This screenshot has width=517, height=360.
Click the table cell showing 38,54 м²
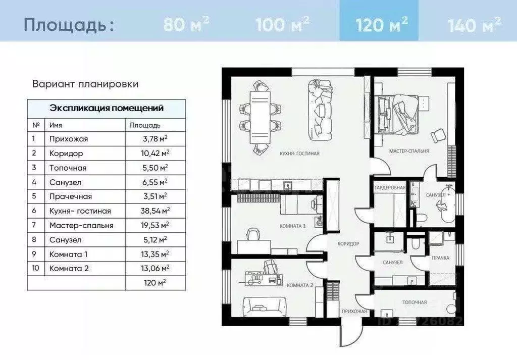pyautogui.click(x=154, y=211)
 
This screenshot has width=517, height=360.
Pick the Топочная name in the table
pyautogui.click(x=68, y=168)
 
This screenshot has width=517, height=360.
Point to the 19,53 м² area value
pyautogui.click(x=154, y=226)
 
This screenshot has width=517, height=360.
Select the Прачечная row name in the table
pyautogui.click(x=71, y=196)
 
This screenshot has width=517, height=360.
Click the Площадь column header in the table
pyautogui.click(x=145, y=125)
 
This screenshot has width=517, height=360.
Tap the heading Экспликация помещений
pyautogui.click(x=106, y=108)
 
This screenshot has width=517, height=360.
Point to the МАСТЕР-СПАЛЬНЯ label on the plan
pyautogui.click(x=409, y=151)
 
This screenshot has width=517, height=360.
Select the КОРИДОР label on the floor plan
pyautogui.click(x=348, y=243)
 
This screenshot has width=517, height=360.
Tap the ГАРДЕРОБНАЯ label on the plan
pyautogui.click(x=390, y=188)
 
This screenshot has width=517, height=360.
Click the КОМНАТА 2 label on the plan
pyautogui.click(x=300, y=285)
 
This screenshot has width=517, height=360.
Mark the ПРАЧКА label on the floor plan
pyautogui.click(x=440, y=258)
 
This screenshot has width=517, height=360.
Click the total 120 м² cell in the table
pyautogui.click(x=154, y=283)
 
